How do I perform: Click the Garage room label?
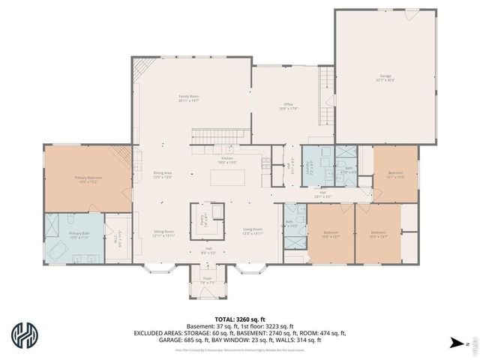coord(386,77)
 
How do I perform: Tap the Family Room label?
coord(188,97)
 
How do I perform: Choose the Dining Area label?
coord(163,175)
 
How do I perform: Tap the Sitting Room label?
coord(163,233)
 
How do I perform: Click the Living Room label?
coord(253,231)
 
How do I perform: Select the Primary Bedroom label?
coord(88,179)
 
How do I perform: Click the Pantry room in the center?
coord(203,220)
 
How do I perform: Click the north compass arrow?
coord(455,343)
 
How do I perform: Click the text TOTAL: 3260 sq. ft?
coord(240,318)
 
